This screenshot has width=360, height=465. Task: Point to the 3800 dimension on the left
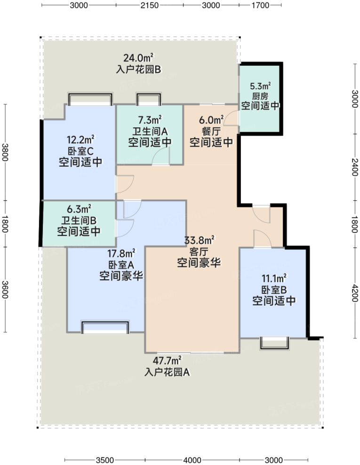pos(5,150)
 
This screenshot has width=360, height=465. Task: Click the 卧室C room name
pos(80,151)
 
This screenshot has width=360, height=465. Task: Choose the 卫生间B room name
pos(79,220)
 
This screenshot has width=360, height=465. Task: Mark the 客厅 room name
pos(199,252)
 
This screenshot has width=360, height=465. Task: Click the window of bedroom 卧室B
pos(274,343)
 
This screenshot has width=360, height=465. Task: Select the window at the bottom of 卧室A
pos(105,328)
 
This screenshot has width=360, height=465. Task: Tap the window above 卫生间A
pos(149,100)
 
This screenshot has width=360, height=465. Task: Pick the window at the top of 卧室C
pos(90,99)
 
